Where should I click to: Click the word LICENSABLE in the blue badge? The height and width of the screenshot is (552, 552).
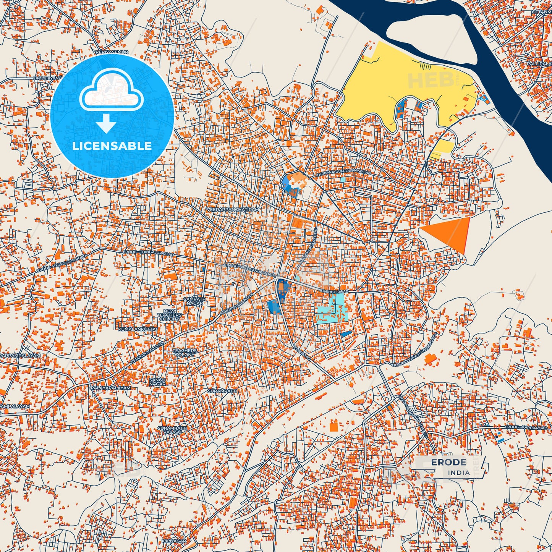[112, 146]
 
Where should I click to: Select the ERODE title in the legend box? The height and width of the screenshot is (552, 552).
[448, 463]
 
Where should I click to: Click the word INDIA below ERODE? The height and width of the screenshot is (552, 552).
[459, 473]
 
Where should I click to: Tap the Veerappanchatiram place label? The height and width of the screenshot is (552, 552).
[232, 210]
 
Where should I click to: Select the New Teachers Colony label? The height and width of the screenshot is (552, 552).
[169, 315]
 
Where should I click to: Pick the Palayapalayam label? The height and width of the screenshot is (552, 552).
[110, 388]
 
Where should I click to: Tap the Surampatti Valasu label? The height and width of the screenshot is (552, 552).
[172, 430]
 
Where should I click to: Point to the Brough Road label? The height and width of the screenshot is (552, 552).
[334, 292]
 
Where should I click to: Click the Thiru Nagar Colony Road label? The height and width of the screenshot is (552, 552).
[343, 173]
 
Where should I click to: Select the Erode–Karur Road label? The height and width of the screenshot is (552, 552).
[526, 427]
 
